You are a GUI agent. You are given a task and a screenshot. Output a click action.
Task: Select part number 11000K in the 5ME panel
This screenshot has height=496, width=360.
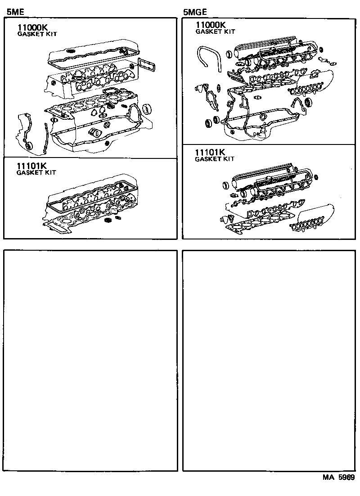(x=33, y=27)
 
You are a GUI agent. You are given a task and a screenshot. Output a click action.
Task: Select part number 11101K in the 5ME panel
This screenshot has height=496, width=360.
(x=32, y=166)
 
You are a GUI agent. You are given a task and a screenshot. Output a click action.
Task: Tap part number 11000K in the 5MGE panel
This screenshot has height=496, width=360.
(x=211, y=25)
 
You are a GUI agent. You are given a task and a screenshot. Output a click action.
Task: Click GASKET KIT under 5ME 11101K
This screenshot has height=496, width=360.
(x=36, y=172)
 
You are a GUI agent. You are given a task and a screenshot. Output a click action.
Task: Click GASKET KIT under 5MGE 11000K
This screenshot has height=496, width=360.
(x=215, y=32)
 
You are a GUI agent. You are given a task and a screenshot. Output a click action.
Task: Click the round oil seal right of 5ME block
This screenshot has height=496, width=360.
(x=147, y=109)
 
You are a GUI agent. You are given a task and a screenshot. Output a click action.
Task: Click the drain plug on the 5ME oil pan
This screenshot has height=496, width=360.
(x=106, y=143)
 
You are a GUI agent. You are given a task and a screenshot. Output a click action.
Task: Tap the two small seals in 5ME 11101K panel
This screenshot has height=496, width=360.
(x=112, y=219)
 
